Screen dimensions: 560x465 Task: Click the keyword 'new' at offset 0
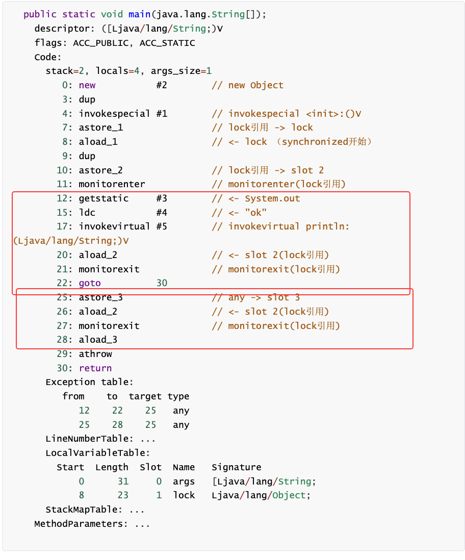click(x=87, y=85)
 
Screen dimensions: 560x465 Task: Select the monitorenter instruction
click(x=112, y=184)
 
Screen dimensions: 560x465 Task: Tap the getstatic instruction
click(x=104, y=198)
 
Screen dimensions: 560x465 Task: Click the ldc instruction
click(x=87, y=213)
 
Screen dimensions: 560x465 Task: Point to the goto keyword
click(x=90, y=283)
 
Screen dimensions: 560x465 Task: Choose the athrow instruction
click(x=95, y=354)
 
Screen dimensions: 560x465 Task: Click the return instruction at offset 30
click(x=95, y=368)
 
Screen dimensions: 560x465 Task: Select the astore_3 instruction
click(x=100, y=297)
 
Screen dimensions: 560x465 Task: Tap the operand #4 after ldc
click(x=162, y=213)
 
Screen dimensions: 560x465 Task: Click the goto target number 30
click(x=162, y=283)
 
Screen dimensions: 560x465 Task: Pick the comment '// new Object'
click(x=247, y=85)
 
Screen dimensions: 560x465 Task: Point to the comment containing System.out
click(x=256, y=198)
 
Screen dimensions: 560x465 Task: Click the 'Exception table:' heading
click(x=90, y=382)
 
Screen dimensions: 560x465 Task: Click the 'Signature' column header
click(x=236, y=467)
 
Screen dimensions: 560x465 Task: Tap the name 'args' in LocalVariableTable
click(x=184, y=481)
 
